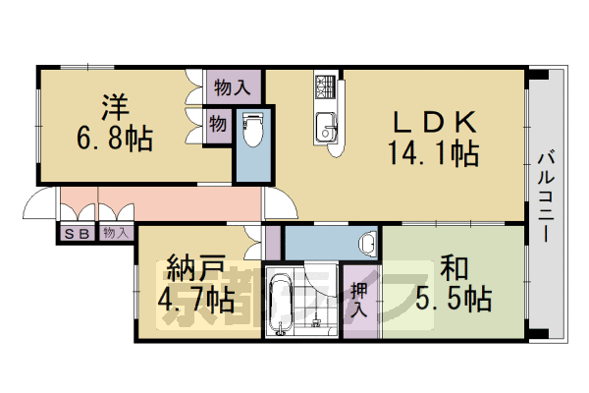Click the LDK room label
[x=435, y=124]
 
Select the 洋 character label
[x=115, y=103]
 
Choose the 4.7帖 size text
[x=196, y=298]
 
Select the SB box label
[x=76, y=233]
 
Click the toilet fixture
[x=251, y=129]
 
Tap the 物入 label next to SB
[x=115, y=233]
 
